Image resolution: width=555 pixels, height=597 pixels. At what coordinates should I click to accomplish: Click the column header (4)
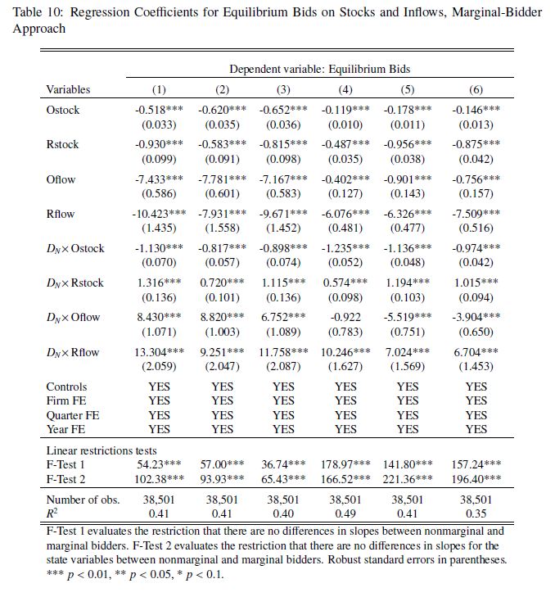tap(345, 89)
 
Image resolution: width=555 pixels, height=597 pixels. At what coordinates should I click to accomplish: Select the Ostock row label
tap(63, 110)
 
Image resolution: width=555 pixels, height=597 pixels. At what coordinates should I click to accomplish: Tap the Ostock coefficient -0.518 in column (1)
tap(159, 110)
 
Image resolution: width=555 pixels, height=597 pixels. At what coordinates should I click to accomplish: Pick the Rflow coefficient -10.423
tap(158, 214)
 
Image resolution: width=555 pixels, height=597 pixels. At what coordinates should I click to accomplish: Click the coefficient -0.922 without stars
tap(345, 318)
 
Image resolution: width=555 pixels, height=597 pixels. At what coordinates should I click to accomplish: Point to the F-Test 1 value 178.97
tap(345, 464)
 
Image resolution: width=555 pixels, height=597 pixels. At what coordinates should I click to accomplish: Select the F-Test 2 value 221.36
tap(407, 479)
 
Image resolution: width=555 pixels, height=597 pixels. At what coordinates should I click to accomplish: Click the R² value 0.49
tap(345, 513)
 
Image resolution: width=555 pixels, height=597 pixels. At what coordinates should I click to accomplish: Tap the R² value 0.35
tap(476, 513)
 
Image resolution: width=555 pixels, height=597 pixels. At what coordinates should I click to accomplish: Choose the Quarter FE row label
tap(73, 415)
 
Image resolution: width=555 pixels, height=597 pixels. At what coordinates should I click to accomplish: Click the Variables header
tap(68, 89)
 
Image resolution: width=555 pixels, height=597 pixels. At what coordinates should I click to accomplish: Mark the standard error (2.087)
tap(283, 367)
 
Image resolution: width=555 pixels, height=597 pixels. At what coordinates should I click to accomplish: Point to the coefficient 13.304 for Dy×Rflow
tap(159, 352)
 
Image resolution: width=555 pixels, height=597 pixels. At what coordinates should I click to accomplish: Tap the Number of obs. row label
tap(83, 500)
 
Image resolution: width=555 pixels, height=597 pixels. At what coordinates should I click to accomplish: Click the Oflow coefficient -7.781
tap(222, 179)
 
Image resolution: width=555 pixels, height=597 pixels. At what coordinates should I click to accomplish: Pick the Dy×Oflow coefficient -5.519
tap(407, 318)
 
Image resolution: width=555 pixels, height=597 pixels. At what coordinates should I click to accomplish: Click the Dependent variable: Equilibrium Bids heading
tap(319, 70)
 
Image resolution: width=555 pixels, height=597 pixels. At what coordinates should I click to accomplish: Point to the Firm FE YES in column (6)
tap(476, 400)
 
